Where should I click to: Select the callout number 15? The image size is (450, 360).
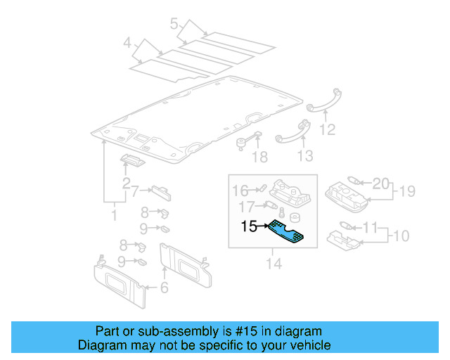[250, 226]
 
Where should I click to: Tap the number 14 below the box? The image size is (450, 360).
[274, 264]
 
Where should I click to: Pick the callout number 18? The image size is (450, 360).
[260, 156]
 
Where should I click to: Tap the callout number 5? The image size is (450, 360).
[174, 25]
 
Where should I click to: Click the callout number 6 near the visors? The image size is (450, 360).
[165, 287]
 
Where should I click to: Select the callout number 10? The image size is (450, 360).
[399, 234]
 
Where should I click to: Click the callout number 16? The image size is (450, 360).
[240, 190]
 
